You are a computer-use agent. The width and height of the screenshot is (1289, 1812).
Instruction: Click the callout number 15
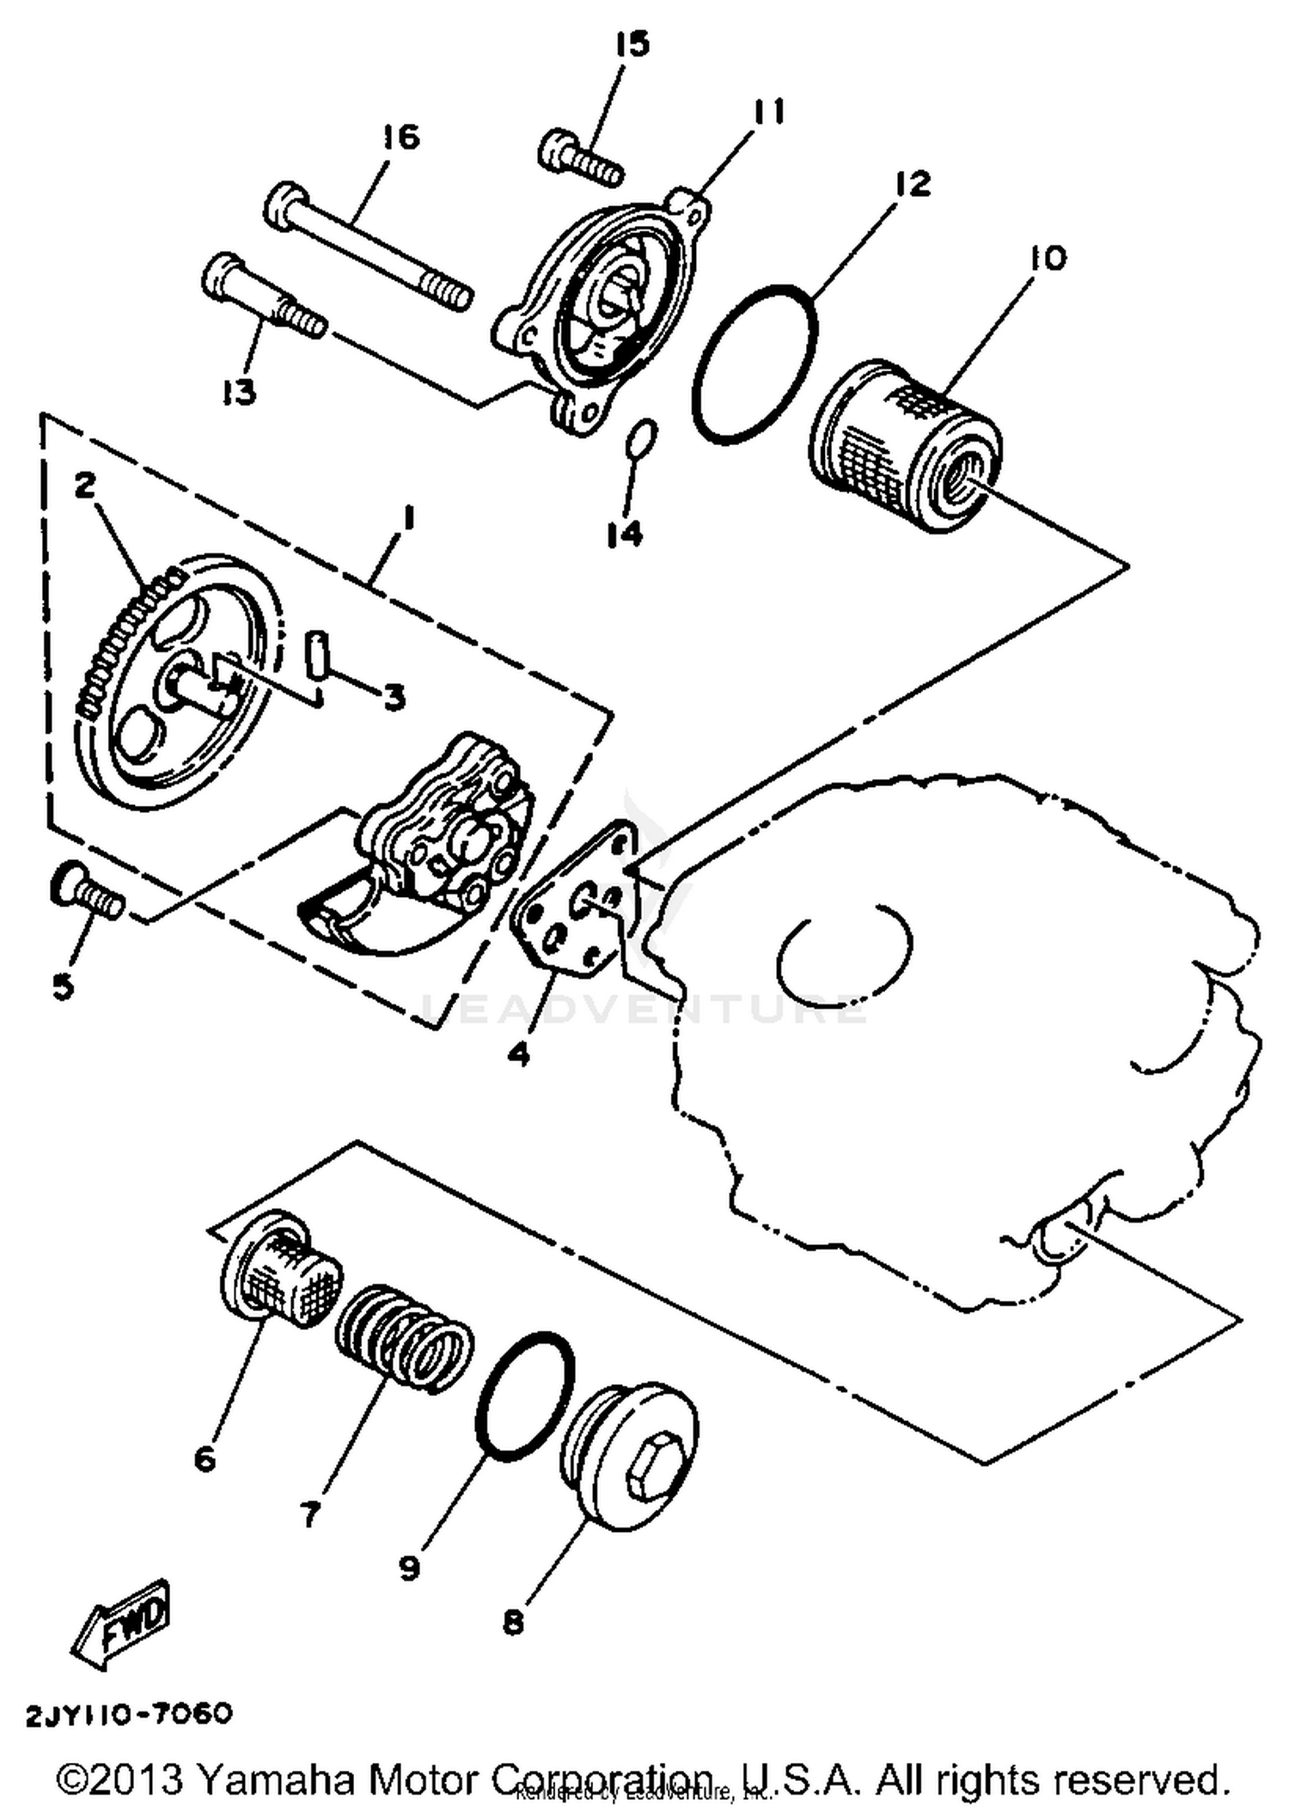point(633,45)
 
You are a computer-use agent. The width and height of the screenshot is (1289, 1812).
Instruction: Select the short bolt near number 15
point(580,160)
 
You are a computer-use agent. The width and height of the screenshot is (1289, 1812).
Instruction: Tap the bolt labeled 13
point(262,296)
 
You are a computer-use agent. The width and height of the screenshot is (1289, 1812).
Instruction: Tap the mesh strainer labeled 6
point(279,1272)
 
